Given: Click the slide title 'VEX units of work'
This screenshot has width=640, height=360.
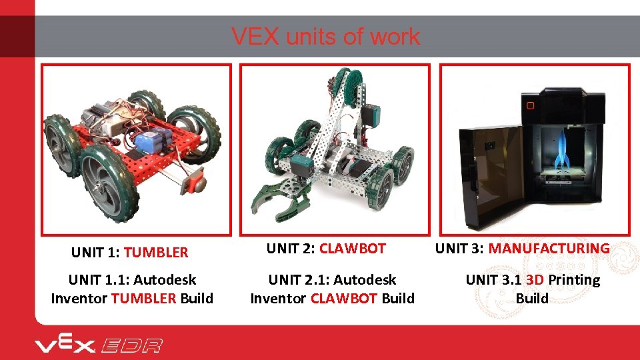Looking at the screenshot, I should point(325,37).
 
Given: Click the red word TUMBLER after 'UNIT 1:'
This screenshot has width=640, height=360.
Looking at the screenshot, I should point(156,253).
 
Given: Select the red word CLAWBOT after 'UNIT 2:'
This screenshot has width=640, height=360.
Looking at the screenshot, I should point(352,249).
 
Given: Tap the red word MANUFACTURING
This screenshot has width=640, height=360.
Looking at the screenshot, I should point(549,249).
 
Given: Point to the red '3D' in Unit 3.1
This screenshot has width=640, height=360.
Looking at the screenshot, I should point(534,280).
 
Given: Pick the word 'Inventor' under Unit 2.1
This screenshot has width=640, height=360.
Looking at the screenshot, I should point(278,298).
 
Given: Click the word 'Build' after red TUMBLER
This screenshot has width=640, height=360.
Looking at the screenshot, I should point(197,298).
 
